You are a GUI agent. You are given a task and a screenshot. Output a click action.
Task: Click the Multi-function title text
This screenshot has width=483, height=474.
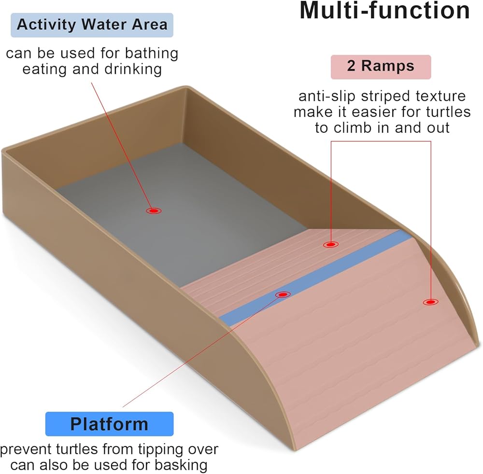point(384,11)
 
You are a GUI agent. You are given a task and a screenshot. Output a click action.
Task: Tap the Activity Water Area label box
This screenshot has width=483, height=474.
point(92,25)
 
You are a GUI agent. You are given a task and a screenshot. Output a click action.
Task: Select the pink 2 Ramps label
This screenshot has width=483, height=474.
point(381,67)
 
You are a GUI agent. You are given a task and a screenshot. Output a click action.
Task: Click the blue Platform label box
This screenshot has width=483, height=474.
point(109,424)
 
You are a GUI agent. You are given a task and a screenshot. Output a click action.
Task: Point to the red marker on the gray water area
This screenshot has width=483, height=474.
point(154,211)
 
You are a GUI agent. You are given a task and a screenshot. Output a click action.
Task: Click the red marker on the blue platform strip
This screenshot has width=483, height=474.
point(283,294)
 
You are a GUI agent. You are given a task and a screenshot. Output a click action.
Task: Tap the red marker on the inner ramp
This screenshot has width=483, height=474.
point(331,245)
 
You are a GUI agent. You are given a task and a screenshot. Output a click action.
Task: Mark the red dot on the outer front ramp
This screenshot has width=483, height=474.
point(431,302)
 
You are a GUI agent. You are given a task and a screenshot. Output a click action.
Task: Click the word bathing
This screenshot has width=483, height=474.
point(152,54)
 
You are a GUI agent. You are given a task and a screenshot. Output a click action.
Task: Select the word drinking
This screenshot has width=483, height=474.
point(133,69)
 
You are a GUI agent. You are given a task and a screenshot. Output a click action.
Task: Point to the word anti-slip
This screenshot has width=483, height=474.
point(327,97)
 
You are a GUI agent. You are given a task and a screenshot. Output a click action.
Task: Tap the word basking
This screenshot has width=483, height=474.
point(181,465)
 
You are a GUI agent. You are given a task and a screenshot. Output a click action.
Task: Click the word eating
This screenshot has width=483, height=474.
point(45,69)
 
